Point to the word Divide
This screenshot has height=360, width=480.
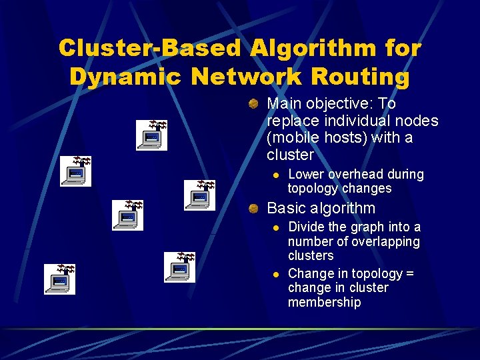tap(307, 227)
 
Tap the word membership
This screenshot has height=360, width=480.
tap(324, 303)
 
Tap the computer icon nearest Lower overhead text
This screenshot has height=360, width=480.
tap(199, 195)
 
